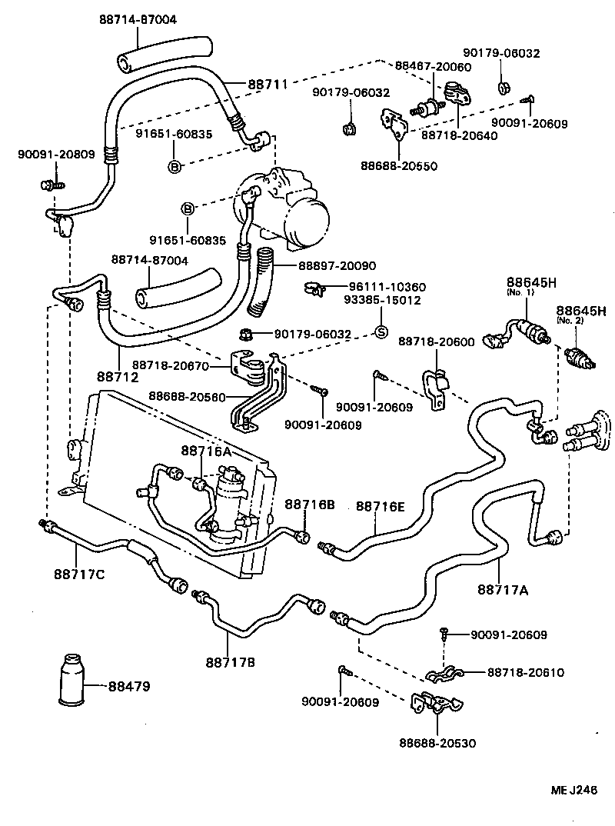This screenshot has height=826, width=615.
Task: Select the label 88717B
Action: [230, 661]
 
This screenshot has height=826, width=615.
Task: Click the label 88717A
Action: [502, 590]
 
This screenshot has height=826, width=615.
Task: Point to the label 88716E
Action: [380, 506]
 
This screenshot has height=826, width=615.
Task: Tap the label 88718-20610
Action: [525, 672]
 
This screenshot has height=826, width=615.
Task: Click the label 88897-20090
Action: [337, 265]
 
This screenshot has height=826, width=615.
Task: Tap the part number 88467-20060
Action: [433, 67]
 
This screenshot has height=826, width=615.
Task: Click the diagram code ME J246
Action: [572, 790]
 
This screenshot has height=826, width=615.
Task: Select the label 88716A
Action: [206, 451]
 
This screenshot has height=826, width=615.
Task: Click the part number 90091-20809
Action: [56, 154]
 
